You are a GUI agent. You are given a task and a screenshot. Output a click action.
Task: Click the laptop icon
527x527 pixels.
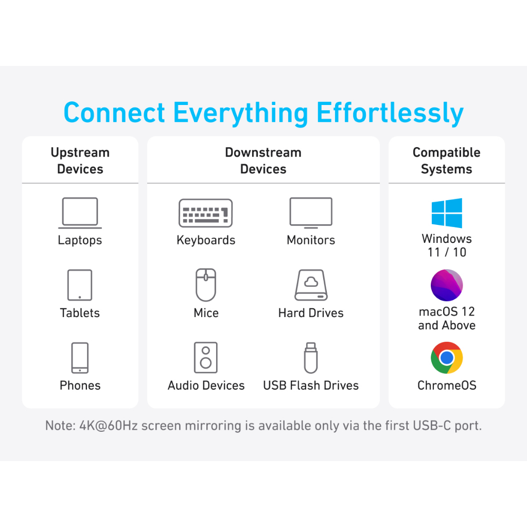click(x=80, y=213)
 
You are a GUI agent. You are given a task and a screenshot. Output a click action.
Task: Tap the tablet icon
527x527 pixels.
click(x=80, y=285)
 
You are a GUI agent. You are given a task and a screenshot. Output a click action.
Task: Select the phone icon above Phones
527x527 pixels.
click(x=80, y=358)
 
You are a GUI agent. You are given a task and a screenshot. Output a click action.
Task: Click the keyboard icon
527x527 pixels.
click(x=205, y=213)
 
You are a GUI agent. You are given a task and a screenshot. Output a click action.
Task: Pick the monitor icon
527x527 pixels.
click(x=311, y=213)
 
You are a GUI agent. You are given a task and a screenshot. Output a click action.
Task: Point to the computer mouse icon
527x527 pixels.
click(x=206, y=285)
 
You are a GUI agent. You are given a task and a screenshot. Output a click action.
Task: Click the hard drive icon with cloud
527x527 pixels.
click(x=311, y=285)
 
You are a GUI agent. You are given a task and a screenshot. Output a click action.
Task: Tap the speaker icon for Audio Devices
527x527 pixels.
click(x=206, y=357)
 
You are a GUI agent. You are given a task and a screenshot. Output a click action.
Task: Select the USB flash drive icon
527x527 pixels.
click(x=310, y=357)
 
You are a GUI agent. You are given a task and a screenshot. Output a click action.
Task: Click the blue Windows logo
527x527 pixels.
click(x=447, y=213)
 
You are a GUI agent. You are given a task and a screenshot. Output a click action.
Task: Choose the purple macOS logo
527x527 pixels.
click(x=447, y=285)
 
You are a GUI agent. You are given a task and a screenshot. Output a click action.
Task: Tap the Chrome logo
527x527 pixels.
click(x=447, y=358)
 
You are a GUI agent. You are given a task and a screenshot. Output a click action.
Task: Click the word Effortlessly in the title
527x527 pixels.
click(x=390, y=113)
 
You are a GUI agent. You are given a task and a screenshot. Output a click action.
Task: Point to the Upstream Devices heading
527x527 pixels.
click(x=80, y=161)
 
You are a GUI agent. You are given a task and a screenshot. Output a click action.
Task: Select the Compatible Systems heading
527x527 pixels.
click(x=447, y=161)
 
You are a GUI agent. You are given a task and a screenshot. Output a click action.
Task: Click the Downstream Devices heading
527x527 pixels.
click(x=263, y=161)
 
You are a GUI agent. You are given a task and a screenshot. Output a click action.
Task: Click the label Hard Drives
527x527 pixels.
click(x=311, y=313)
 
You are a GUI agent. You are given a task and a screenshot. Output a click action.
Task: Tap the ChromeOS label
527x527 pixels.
click(x=447, y=385)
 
